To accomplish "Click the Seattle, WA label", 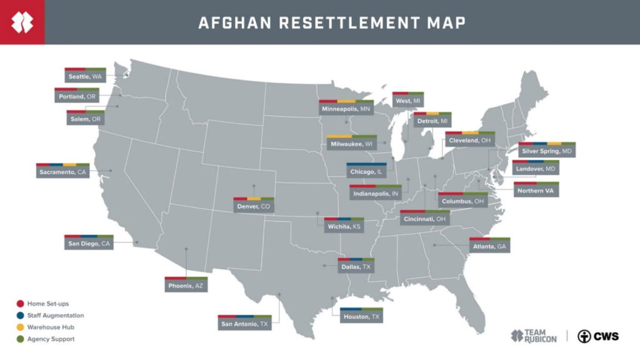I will pyautogui.click(x=85, y=76).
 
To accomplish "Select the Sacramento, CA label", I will pyautogui.click(x=62, y=172).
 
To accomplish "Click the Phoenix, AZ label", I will pyautogui.click(x=186, y=286).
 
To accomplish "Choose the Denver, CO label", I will pyautogui.click(x=254, y=206).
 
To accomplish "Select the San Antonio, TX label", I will pyautogui.click(x=244, y=324).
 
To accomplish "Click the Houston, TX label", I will pyautogui.click(x=361, y=317).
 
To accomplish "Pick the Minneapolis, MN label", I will pyautogui.click(x=346, y=109).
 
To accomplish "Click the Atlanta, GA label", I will pyautogui.click(x=489, y=247).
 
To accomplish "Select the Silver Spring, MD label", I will pyautogui.click(x=547, y=152).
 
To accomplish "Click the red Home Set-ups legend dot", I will pyautogui.click(x=21, y=304).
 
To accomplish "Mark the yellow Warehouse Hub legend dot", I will pyautogui.click(x=21, y=327).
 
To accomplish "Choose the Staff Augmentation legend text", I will pyautogui.click(x=56, y=316).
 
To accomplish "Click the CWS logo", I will pyautogui.click(x=598, y=336).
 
